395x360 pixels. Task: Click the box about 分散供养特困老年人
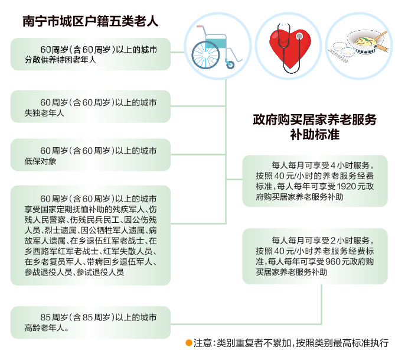[x=90, y=54]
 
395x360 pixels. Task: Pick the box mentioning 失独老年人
[x=90, y=107]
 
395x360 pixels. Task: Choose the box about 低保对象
[x=90, y=155]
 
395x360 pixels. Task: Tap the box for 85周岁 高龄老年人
[x=90, y=322]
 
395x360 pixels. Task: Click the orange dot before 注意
[x=189, y=343]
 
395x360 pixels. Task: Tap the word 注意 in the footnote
[x=203, y=343]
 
